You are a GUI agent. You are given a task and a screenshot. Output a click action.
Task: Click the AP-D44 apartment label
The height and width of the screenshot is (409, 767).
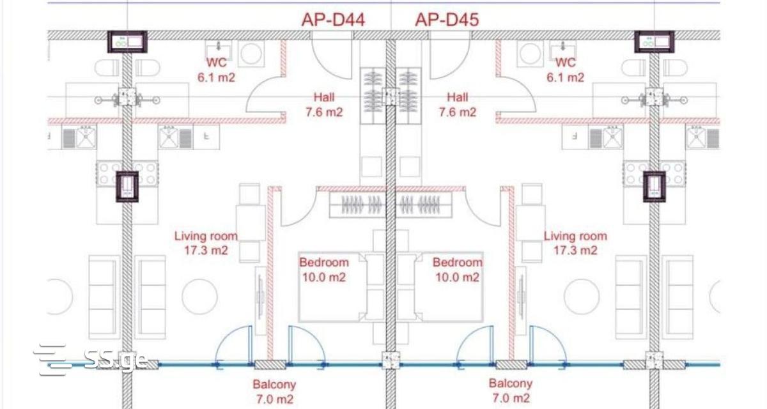coord(333,20)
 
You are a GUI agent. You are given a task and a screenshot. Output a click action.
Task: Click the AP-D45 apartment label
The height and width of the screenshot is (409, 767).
coord(447,20)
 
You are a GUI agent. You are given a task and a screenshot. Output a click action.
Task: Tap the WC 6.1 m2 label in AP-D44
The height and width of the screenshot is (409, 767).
coord(217,70)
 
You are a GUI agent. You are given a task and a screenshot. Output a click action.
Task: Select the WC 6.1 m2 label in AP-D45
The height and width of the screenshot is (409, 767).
coord(565,70)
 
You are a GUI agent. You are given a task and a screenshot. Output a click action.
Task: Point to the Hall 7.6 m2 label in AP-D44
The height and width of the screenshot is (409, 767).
coord(324,105)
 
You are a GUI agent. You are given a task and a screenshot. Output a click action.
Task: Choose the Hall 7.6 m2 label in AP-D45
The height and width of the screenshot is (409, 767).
coord(458,105)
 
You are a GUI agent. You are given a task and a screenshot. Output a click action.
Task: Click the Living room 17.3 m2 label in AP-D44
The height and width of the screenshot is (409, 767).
coord(206,243)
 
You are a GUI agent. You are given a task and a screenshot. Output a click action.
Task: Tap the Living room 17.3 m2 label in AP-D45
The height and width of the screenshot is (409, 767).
coord(576,243)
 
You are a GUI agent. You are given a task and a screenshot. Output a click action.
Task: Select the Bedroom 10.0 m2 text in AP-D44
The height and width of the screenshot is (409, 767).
coord(324,270)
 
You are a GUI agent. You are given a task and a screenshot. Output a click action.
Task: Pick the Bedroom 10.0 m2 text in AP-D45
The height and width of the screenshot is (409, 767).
coord(458,270)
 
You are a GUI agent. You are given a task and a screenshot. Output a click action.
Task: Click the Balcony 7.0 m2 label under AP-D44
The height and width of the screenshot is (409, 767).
coord(274,392)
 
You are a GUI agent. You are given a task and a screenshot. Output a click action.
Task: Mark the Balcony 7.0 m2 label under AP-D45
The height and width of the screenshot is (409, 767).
coord(511,390)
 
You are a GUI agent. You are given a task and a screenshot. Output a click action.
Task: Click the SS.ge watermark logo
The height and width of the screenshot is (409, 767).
coord(91,360)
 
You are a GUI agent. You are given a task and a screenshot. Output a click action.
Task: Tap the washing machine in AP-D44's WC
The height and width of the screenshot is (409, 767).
coord(251,54)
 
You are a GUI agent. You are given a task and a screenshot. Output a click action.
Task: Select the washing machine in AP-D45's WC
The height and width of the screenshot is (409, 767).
coord(530,54)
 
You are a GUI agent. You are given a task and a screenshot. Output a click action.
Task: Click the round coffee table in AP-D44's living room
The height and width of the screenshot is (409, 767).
coord(199,297)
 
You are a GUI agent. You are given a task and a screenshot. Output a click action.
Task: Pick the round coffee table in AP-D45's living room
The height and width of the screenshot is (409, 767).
coord(582,297)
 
